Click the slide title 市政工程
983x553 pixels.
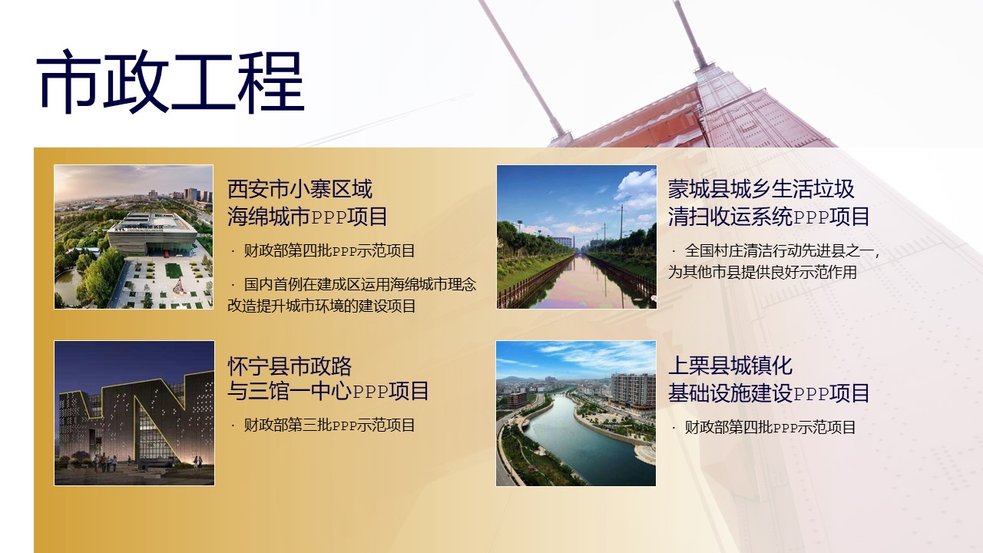point(170,81)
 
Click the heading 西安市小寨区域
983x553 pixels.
point(300,189)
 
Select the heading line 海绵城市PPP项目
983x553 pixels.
point(307,217)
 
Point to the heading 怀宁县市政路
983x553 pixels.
point(290,366)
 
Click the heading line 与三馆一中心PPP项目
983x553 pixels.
point(328,391)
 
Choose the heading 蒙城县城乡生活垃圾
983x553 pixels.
point(761,189)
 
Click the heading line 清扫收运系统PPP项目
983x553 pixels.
point(769,217)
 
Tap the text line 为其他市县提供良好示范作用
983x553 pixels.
point(763,272)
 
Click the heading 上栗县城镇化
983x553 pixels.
point(730,366)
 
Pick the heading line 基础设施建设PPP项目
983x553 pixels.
point(769,392)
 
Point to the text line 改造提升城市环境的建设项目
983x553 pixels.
point(321,306)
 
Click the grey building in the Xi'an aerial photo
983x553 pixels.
point(152,234)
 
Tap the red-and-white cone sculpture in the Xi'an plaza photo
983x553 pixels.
point(177,286)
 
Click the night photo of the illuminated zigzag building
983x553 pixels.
point(134,413)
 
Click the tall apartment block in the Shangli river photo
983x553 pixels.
point(633,391)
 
